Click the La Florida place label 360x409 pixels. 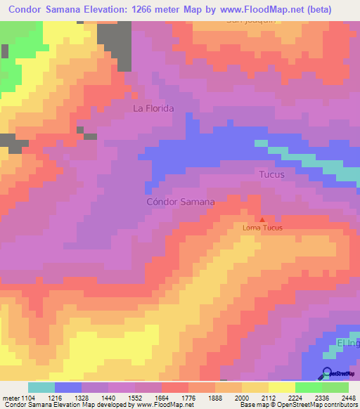click(x=153, y=108)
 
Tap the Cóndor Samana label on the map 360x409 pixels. click(x=180, y=202)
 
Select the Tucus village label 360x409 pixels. click(x=272, y=174)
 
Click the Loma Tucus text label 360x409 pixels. click(x=262, y=228)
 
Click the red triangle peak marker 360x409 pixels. click(x=262, y=219)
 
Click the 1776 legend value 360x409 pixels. click(x=188, y=397)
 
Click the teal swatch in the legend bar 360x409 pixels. click(x=41, y=387)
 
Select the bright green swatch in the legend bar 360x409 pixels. click(x=309, y=387)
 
